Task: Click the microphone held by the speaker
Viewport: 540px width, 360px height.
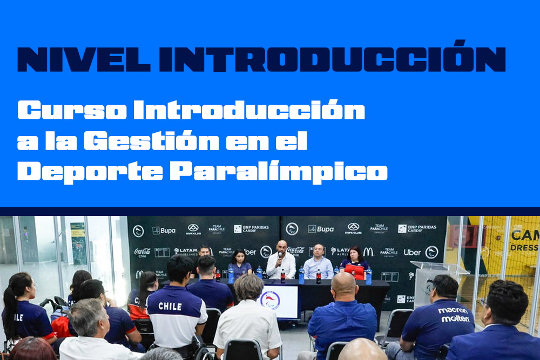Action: [x=279, y=256]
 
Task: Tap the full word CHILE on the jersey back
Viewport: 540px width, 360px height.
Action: [x=170, y=307]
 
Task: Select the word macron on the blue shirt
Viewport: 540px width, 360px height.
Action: [x=453, y=311]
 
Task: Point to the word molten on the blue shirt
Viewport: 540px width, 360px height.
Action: [x=455, y=319]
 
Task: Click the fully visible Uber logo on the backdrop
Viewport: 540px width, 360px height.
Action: [x=412, y=252]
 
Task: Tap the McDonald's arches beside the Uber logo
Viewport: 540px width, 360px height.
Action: [x=368, y=252]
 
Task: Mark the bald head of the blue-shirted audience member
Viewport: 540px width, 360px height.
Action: [x=343, y=285]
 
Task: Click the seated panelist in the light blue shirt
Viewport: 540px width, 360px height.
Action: [x=318, y=263]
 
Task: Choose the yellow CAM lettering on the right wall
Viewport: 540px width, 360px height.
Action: [x=523, y=235]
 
